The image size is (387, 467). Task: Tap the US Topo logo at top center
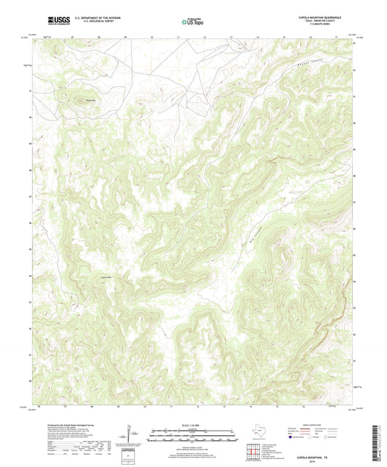tap(187, 22)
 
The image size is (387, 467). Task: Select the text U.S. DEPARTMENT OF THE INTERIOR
tap(91, 20)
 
